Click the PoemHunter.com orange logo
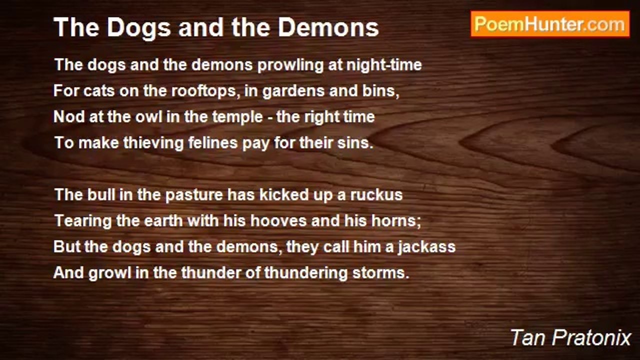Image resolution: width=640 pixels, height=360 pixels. click(550, 24)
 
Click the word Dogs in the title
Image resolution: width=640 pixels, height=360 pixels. click(139, 28)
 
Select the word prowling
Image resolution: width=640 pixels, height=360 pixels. click(290, 65)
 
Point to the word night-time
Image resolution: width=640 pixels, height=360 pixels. click(384, 65)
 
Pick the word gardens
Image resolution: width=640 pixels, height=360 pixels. click(293, 91)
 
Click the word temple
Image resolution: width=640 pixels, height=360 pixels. click(233, 117)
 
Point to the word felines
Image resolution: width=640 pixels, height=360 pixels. click(213, 143)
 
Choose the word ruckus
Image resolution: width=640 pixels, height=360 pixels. click(376, 195)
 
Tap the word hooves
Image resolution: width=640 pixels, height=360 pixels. click(276, 221)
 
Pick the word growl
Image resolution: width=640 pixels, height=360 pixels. click(110, 273)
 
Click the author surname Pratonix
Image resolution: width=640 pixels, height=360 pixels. click(591, 338)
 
